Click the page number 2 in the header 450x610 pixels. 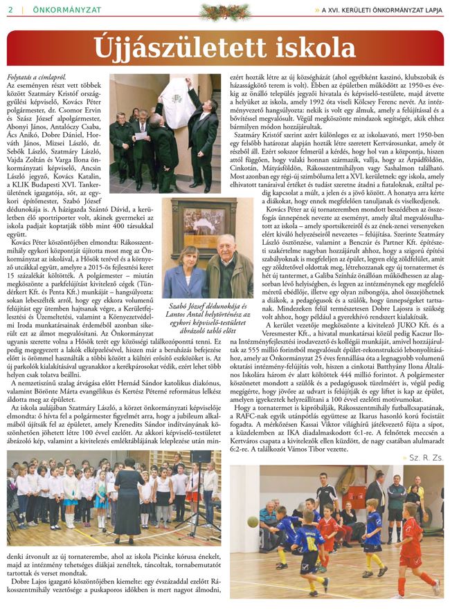(x=10, y=9)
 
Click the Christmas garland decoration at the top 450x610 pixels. (x=225, y=10)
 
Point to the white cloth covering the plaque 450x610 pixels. (x=179, y=104)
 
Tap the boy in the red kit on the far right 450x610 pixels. (x=413, y=539)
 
